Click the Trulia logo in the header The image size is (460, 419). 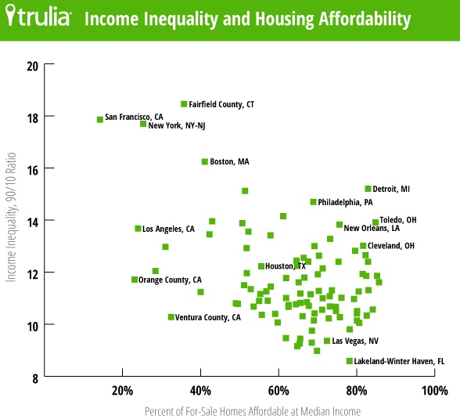[x=39, y=18]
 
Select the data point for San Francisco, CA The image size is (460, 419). [x=100, y=119]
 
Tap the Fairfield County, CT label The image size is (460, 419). [x=221, y=104]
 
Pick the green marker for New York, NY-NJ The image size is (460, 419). [x=143, y=124]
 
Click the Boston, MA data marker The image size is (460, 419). [x=205, y=161]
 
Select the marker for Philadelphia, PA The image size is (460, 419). [x=314, y=202]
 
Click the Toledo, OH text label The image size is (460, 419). [x=397, y=220]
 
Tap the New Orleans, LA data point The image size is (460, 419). [x=340, y=225]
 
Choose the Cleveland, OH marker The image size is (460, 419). [x=363, y=246]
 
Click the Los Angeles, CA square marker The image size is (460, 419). [x=138, y=229]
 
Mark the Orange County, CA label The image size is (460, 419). [x=170, y=280]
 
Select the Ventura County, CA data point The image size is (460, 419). [x=171, y=317]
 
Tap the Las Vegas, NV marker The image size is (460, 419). [x=327, y=341]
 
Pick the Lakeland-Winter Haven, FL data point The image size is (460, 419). [x=350, y=361]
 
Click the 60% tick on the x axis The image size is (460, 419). [x=279, y=391]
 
